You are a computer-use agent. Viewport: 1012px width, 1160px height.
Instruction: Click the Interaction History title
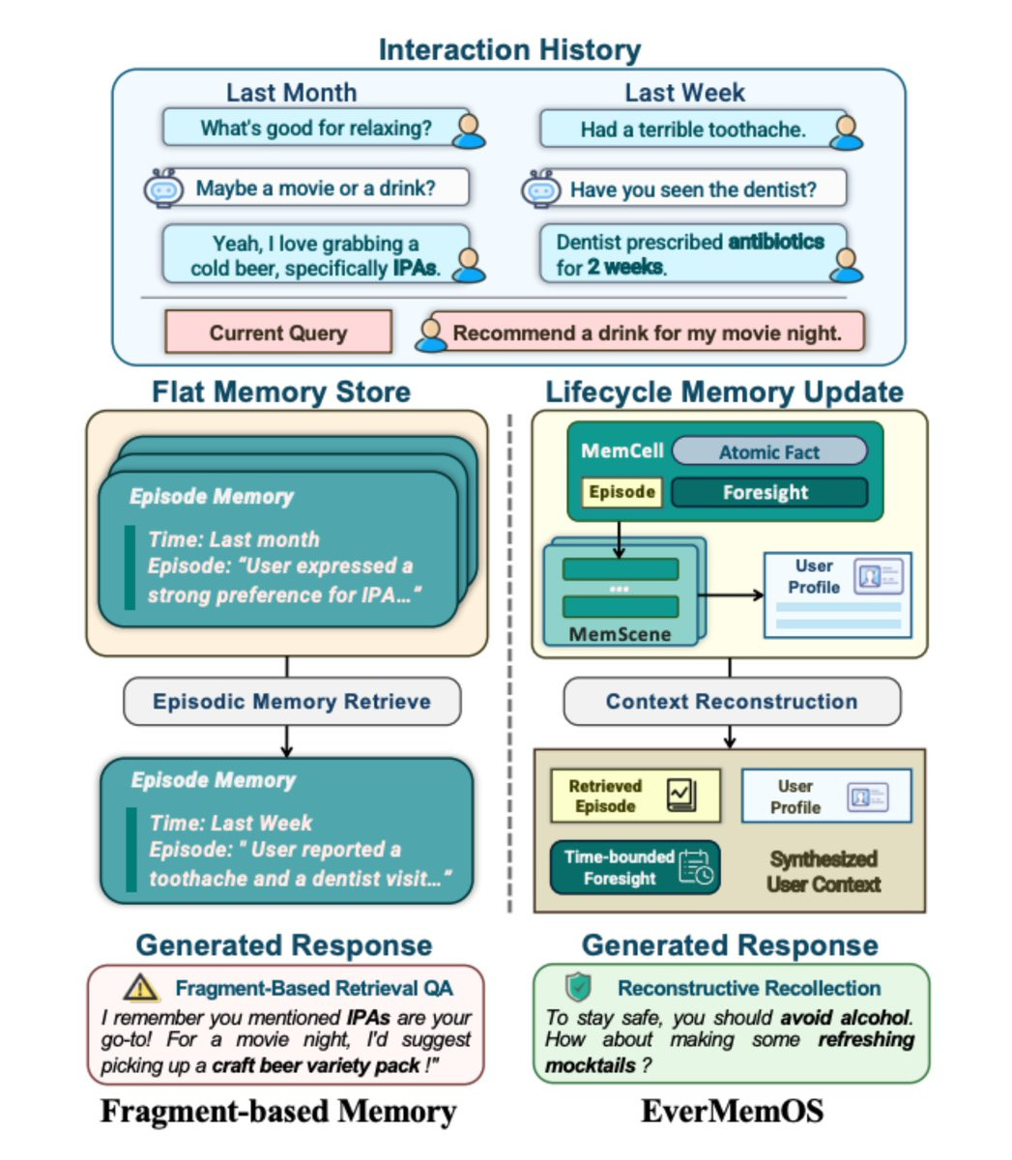(509, 50)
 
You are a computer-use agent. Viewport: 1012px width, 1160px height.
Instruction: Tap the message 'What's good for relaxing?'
(316, 128)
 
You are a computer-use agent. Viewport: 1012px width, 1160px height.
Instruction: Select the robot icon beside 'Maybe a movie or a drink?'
(164, 188)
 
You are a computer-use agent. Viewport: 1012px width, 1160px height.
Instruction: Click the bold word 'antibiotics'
(776, 242)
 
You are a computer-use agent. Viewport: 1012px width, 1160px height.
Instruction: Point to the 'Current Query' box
(278, 333)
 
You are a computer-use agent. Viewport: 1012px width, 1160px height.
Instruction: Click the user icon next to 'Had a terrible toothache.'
(847, 131)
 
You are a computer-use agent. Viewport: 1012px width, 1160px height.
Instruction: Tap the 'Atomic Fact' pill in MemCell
(768, 451)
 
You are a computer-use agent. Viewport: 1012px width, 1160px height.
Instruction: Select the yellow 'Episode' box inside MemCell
(622, 492)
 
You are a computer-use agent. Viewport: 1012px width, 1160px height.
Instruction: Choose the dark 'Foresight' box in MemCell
(768, 492)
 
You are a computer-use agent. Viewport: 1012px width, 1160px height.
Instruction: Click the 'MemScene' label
(620, 634)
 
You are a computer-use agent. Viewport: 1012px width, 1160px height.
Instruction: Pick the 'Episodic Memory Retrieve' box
(292, 702)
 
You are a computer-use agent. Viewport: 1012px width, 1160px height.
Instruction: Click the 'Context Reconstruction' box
(731, 702)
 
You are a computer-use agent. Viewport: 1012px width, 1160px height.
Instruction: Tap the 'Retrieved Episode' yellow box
(634, 796)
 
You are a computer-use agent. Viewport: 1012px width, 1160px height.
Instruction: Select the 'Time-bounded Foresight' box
(634, 867)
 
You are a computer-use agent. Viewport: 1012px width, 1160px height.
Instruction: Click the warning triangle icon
(142, 987)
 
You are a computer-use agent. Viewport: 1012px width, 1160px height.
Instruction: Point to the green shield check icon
(578, 987)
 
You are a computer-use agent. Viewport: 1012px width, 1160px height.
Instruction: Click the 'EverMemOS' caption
(732, 1112)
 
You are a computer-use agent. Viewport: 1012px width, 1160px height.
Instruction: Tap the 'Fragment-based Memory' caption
(278, 1112)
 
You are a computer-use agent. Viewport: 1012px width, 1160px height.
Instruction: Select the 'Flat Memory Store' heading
(281, 391)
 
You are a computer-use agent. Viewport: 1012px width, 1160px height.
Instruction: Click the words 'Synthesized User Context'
(824, 871)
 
